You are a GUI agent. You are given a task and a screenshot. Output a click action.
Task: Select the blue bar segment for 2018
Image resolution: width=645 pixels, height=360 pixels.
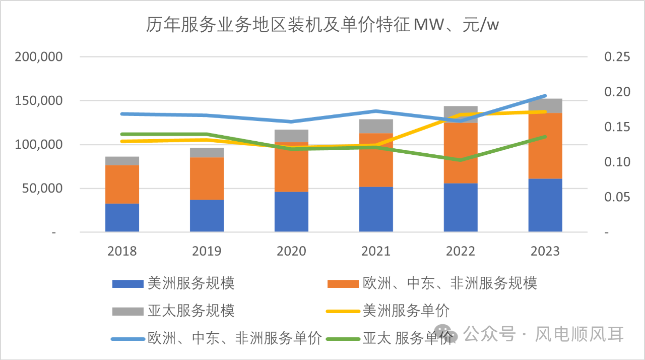click(x=122, y=218)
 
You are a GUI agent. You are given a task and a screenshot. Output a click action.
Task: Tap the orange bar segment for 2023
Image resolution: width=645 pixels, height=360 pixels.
click(x=545, y=146)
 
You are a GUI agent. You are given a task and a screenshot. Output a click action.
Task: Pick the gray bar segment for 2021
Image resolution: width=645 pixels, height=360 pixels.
click(x=376, y=126)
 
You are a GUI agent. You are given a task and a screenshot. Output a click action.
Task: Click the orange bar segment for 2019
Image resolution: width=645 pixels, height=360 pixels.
click(x=207, y=178)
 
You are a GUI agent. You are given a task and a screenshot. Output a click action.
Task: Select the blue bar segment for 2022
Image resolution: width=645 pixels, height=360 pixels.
click(x=461, y=207)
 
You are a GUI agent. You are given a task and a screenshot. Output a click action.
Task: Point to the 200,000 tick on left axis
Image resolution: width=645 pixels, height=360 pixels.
click(x=39, y=57)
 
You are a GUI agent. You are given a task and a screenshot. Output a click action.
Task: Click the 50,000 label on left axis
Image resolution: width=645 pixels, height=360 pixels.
click(x=43, y=189)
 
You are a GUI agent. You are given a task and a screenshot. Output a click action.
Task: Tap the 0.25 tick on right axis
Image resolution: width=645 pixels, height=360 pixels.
click(x=617, y=57)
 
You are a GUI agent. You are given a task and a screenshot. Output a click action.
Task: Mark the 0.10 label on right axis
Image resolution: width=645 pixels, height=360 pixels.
click(x=617, y=162)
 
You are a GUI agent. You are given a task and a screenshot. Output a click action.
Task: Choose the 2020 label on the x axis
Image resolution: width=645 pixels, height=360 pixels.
click(x=291, y=251)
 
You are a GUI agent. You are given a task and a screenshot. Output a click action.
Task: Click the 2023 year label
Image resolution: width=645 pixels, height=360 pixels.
click(x=545, y=251)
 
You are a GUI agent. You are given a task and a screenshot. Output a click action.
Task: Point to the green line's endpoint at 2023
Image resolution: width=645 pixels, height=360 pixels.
click(x=545, y=137)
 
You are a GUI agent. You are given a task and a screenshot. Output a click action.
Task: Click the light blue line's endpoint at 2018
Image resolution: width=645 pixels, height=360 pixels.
click(x=122, y=114)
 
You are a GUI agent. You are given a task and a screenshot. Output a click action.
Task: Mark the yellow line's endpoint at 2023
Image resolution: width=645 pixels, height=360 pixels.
click(x=545, y=112)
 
